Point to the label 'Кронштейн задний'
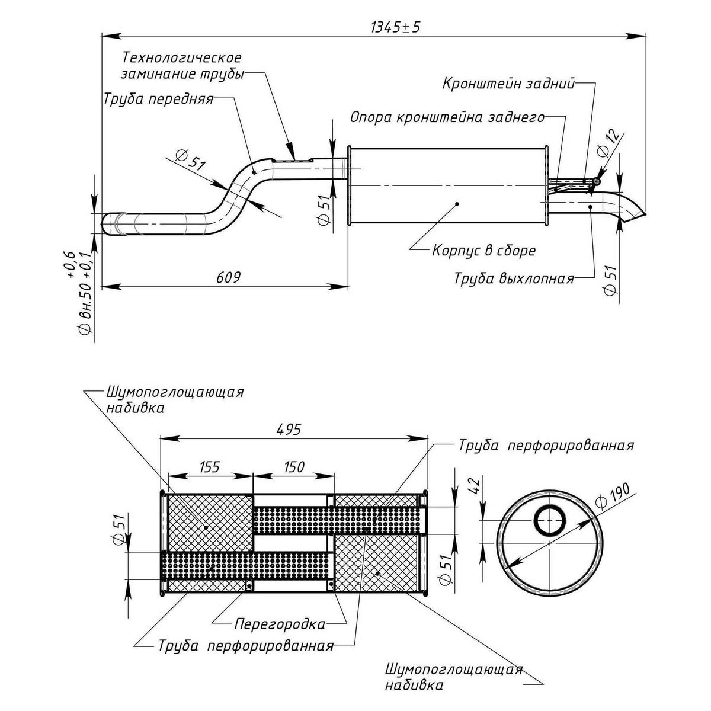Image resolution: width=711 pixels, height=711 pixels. [x=509, y=84]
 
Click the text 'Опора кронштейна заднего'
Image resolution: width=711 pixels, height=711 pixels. [x=447, y=117]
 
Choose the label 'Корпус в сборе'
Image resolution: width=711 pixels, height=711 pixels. [x=483, y=251]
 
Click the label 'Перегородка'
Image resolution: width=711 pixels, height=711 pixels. [x=280, y=624]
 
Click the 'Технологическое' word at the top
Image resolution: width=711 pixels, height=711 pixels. [x=182, y=59]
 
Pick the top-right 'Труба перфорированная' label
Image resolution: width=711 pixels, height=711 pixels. [x=546, y=446]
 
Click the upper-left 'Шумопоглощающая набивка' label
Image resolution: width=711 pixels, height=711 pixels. [x=175, y=400]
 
